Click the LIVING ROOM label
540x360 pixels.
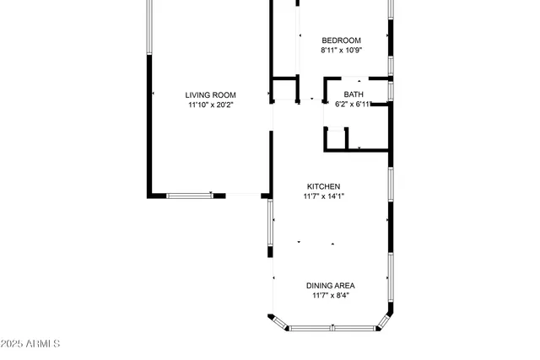pos(211,95)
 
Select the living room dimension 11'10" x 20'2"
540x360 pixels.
pos(211,105)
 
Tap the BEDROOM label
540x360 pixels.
pos(342,40)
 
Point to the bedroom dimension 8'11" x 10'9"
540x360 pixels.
pos(342,51)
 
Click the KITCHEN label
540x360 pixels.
pos(324,186)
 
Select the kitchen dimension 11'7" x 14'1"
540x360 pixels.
pos(324,196)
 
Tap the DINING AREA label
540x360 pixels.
pos(330,285)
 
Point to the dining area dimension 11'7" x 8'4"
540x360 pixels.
pos(330,295)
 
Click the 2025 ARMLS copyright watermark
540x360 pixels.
pos(30,344)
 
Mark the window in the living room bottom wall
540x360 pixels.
pos(189,196)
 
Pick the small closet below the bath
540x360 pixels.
pos(357,139)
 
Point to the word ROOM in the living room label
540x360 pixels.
pos(224,95)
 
